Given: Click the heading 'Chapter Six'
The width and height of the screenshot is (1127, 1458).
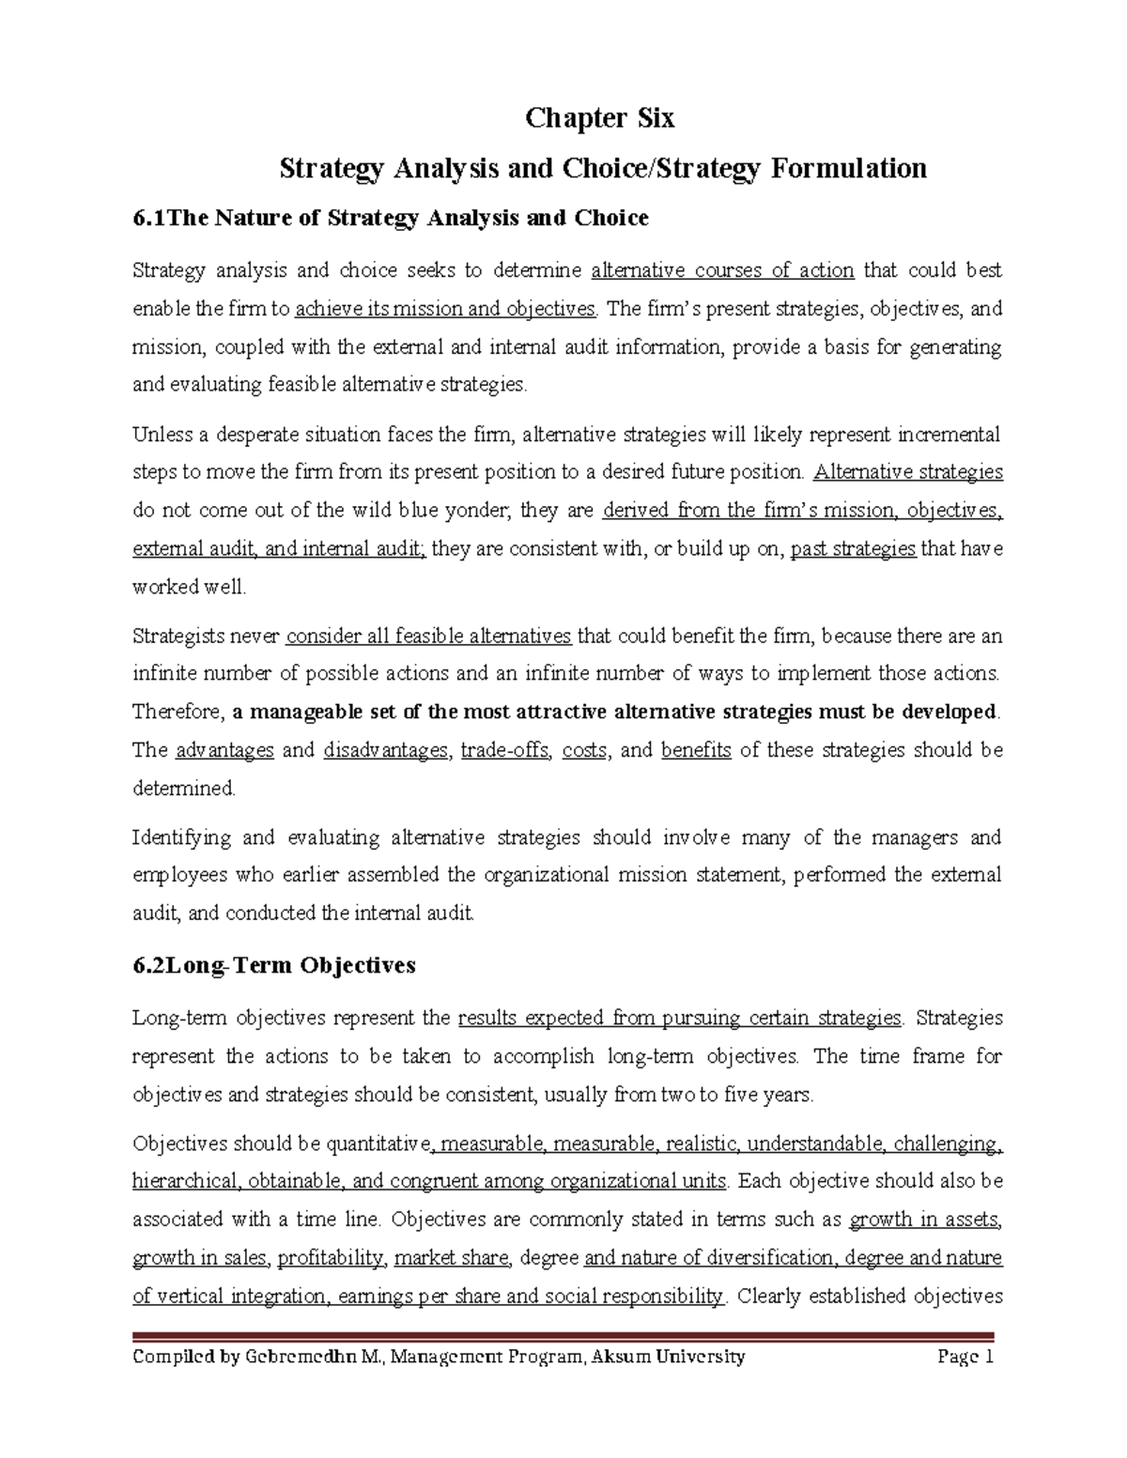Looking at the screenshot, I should tap(599, 119).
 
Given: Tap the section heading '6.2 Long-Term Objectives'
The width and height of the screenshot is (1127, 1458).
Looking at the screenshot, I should tap(274, 966).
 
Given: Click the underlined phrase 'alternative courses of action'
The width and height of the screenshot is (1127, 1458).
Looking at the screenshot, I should tap(722, 271).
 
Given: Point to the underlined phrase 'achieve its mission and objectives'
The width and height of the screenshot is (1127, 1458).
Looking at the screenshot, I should tap(446, 309).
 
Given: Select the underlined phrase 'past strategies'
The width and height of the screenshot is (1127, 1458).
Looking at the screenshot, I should tap(853, 549).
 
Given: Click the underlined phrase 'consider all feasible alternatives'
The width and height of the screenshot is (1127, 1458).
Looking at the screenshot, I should tap(428, 637).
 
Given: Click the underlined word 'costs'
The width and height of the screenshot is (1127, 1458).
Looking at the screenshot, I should tap(583, 750).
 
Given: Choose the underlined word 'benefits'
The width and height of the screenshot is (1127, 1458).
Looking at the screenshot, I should tap(696, 750).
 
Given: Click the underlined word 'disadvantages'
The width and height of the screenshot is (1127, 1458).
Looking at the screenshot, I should tap(385, 750).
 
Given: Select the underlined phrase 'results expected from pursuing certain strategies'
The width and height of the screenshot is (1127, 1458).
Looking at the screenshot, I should tap(680, 1019).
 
